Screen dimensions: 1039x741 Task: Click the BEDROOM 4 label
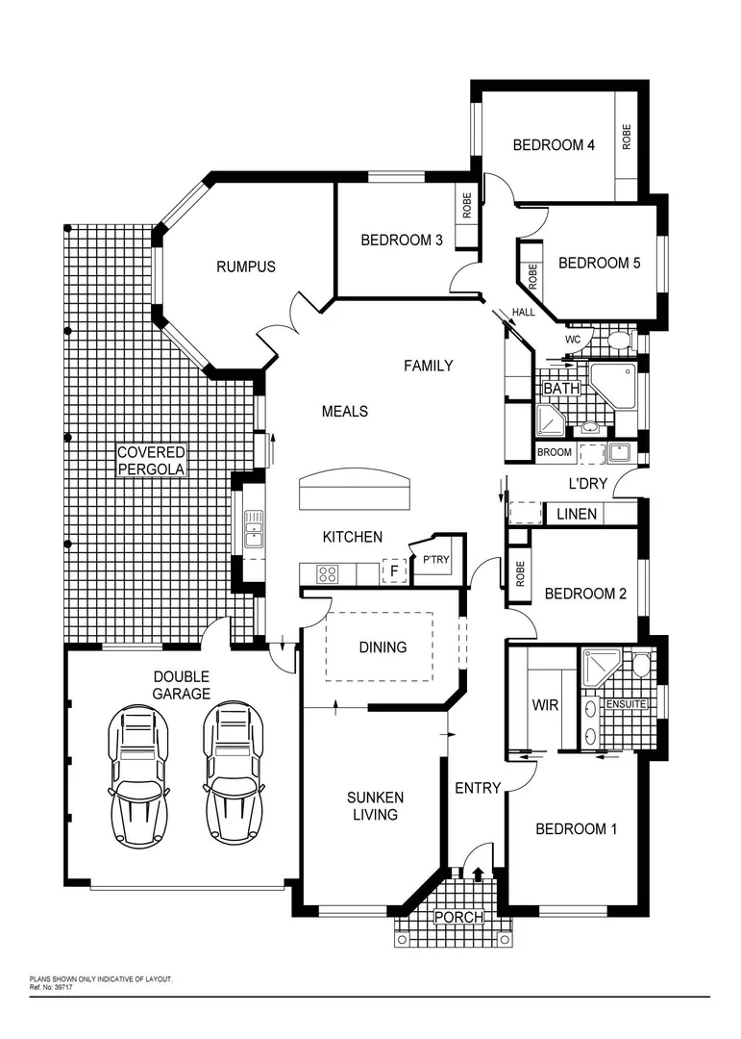click(x=554, y=145)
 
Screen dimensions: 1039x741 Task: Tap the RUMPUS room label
click(x=245, y=266)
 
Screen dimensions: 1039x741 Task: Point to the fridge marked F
click(x=392, y=572)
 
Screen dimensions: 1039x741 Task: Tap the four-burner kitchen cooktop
click(x=327, y=574)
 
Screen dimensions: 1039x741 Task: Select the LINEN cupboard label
click(x=577, y=515)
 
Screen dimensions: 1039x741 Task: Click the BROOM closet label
click(x=555, y=452)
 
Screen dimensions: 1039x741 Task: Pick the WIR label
click(x=545, y=706)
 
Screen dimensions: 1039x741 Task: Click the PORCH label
click(x=458, y=917)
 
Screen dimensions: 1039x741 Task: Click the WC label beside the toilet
click(x=573, y=340)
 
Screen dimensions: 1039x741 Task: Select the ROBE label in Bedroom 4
click(x=627, y=136)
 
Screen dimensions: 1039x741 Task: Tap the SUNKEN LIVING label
click(x=375, y=806)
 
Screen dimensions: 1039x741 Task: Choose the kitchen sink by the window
click(x=253, y=528)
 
